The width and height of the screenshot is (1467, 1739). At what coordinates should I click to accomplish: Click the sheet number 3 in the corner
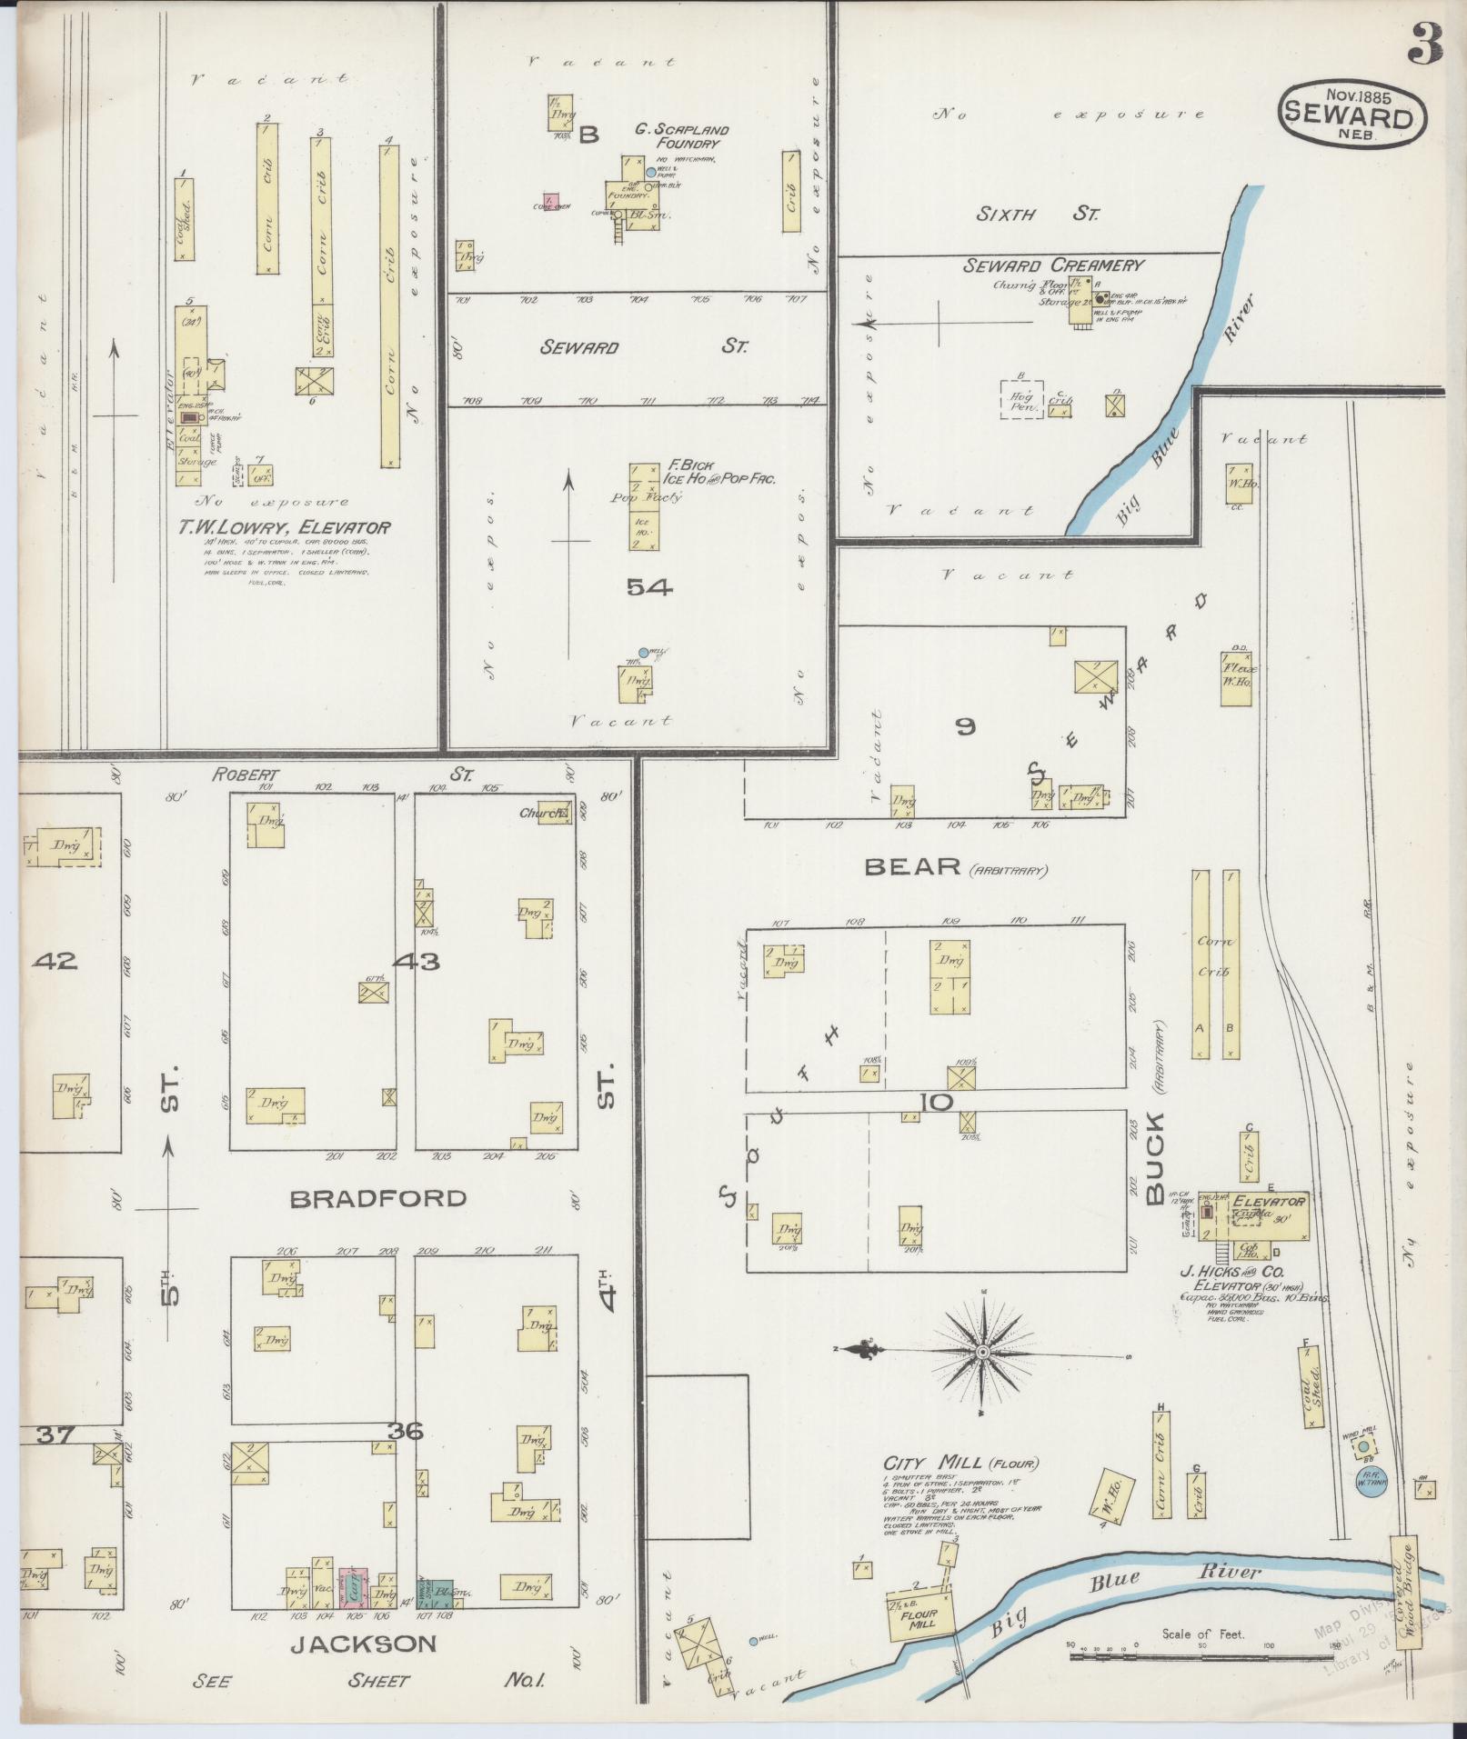click(1427, 43)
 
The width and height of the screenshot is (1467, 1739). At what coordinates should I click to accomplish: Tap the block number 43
click(418, 961)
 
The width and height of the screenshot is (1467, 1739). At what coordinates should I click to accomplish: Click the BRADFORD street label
click(377, 1199)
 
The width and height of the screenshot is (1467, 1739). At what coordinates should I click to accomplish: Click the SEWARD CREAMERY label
click(1053, 265)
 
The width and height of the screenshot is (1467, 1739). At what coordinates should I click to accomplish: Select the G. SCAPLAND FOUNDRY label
click(680, 136)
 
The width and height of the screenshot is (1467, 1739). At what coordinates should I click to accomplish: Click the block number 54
click(649, 588)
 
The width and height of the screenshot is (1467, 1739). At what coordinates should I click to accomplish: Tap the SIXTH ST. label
click(1038, 215)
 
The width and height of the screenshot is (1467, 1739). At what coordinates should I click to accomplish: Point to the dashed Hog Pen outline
click(1020, 398)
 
